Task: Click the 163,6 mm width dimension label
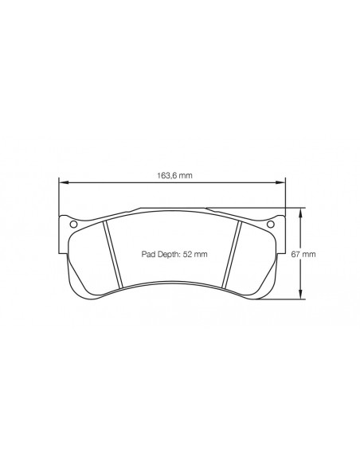(x=174, y=175)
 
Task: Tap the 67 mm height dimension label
(x=303, y=254)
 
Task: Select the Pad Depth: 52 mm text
(x=174, y=254)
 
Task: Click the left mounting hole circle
(x=73, y=224)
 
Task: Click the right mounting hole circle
(x=271, y=224)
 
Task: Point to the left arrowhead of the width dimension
(x=63, y=183)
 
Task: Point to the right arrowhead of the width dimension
(x=280, y=183)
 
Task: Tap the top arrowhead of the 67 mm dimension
(x=301, y=213)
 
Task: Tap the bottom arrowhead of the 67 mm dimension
(x=301, y=294)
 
